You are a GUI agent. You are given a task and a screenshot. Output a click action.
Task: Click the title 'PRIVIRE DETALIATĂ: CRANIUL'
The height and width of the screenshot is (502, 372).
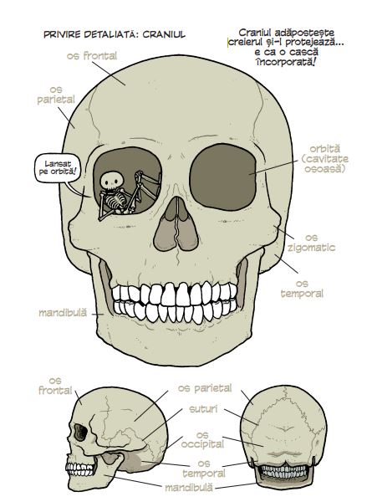pyautogui.click(x=115, y=34)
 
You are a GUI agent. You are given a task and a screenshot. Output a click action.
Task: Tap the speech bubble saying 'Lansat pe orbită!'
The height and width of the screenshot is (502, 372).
pyautogui.click(x=58, y=168)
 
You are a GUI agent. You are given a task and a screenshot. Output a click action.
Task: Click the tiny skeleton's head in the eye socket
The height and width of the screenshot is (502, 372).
pyautogui.click(x=112, y=181)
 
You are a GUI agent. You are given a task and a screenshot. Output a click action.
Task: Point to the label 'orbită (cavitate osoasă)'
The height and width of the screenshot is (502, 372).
pyautogui.click(x=324, y=159)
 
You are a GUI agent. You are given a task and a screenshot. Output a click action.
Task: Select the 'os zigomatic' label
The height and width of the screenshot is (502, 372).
pyautogui.click(x=311, y=243)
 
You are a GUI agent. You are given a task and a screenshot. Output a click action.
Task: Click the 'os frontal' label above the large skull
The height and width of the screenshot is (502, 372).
pyautogui.click(x=92, y=56)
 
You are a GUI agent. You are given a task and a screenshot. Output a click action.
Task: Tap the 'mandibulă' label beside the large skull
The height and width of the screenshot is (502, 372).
pyautogui.click(x=63, y=312)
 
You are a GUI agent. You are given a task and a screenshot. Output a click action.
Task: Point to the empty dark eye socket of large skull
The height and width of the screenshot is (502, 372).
pyautogui.click(x=223, y=177)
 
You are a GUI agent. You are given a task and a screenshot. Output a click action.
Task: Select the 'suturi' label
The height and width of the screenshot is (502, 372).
pyautogui.click(x=203, y=409)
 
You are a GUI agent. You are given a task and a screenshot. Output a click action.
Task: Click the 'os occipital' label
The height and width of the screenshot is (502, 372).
pyautogui.click(x=202, y=440)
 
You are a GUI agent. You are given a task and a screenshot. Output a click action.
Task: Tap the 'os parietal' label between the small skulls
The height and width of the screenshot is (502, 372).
pyautogui.click(x=205, y=388)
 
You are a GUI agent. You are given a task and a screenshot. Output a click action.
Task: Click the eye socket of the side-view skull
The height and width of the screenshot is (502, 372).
pyautogui.click(x=80, y=433)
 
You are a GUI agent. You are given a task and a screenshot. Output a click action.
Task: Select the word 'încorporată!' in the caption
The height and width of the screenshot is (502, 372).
pyautogui.click(x=286, y=61)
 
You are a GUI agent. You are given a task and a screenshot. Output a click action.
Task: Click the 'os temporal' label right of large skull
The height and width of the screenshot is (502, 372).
pyautogui.click(x=302, y=289)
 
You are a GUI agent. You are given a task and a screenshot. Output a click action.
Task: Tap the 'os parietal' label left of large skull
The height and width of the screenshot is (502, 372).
pyautogui.click(x=56, y=95)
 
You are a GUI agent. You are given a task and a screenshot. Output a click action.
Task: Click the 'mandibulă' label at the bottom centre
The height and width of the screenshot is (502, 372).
pyautogui.click(x=189, y=488)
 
